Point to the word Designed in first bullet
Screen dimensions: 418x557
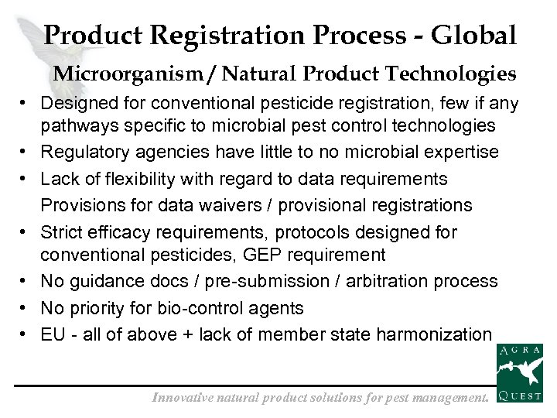[x=73, y=103]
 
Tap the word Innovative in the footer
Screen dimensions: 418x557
[x=185, y=398]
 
